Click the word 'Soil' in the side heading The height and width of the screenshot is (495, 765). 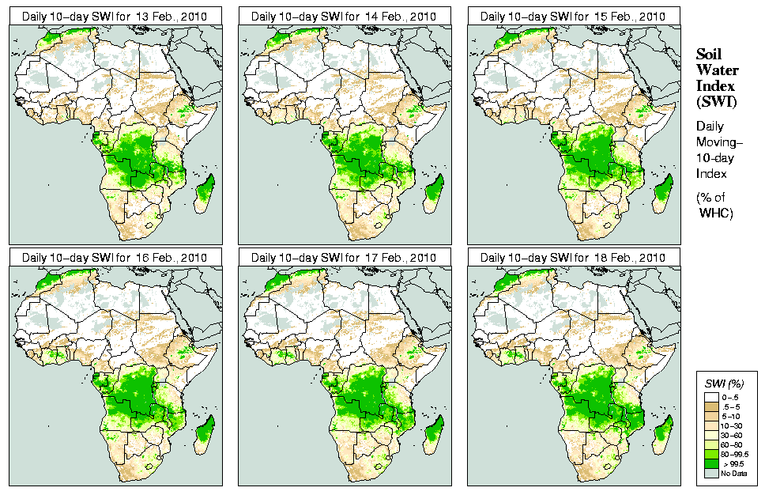[710, 55]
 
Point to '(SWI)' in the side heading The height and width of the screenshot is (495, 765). [715, 102]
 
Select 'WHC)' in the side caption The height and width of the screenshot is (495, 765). [717, 213]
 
